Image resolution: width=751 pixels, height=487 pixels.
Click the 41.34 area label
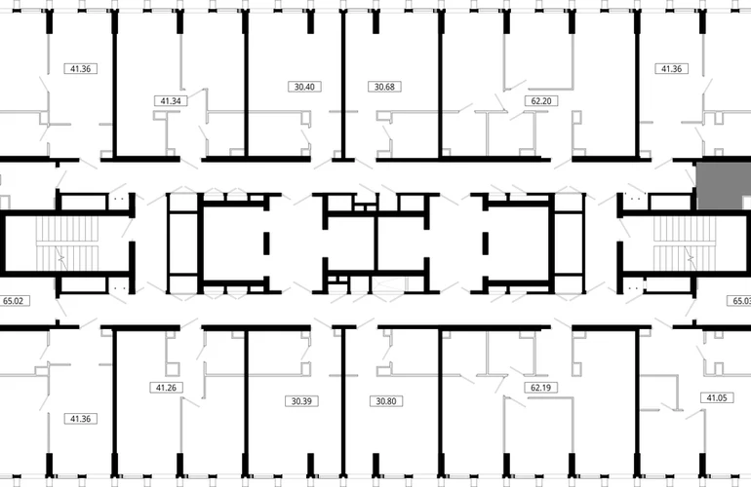pyautogui.click(x=171, y=101)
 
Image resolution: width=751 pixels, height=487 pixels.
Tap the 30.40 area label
pyautogui.click(x=304, y=87)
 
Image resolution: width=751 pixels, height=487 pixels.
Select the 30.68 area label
pyautogui.click(x=384, y=87)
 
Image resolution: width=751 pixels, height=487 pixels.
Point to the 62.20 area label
pyautogui.click(x=541, y=101)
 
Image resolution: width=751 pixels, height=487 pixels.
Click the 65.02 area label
pyautogui.click(x=14, y=301)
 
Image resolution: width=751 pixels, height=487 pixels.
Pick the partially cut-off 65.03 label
pyautogui.click(x=739, y=301)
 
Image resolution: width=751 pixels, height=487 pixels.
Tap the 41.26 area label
pyautogui.click(x=166, y=388)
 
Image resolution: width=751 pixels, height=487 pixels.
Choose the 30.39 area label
pyautogui.click(x=301, y=401)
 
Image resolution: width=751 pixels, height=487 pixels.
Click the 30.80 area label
pyautogui.click(x=386, y=401)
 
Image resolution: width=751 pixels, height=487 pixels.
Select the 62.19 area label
pyautogui.click(x=540, y=388)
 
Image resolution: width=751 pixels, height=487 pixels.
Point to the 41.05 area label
pyautogui.click(x=717, y=397)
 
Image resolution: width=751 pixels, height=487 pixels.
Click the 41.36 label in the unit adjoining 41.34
pyautogui.click(x=80, y=69)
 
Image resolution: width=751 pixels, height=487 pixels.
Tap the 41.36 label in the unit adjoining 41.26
pyautogui.click(x=80, y=419)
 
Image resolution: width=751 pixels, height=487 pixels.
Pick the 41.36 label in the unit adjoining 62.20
pyautogui.click(x=671, y=69)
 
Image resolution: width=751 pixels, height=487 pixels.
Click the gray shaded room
pyautogui.click(x=724, y=186)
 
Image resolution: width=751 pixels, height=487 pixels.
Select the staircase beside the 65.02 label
pyautogui.click(x=67, y=243)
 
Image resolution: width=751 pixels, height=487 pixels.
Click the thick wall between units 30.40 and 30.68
pyautogui.click(x=343, y=85)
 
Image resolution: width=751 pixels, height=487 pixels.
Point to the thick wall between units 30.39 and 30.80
pyautogui.click(x=343, y=401)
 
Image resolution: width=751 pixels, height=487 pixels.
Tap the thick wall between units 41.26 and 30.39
pyautogui.click(x=246, y=401)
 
